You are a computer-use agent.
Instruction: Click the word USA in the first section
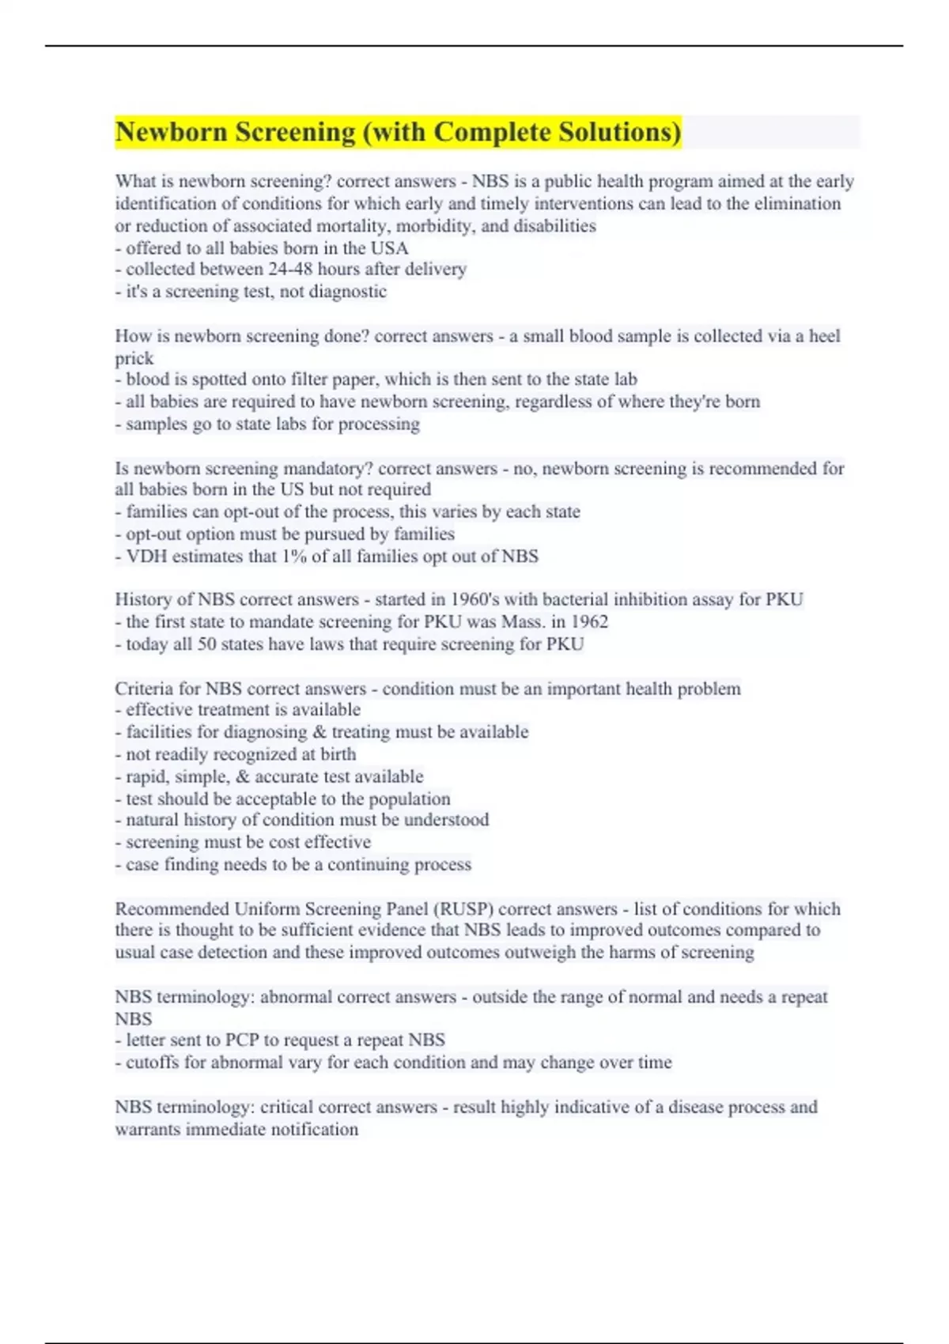[x=389, y=248]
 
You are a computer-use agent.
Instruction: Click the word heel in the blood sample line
[x=824, y=336]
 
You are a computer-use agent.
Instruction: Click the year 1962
[x=589, y=622]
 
